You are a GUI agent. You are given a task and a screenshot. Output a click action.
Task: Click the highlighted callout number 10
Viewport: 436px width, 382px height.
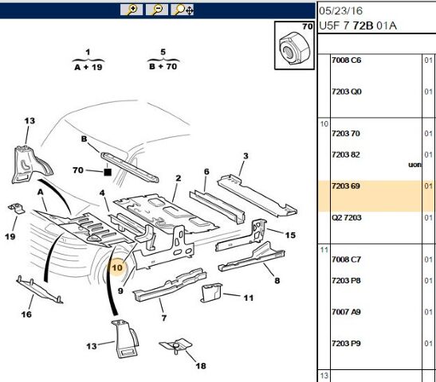pyautogui.click(x=118, y=268)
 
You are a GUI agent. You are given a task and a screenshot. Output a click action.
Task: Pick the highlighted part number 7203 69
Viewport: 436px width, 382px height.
pyautogui.click(x=345, y=186)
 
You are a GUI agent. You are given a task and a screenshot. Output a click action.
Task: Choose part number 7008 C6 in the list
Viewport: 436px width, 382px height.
pyautogui.click(x=346, y=60)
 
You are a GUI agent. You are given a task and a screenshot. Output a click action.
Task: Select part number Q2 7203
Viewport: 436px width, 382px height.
pyautogui.click(x=346, y=217)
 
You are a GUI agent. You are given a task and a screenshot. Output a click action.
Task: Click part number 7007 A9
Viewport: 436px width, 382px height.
pyautogui.click(x=346, y=312)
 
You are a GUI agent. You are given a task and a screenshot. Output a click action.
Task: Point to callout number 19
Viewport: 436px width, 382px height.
pyautogui.click(x=10, y=236)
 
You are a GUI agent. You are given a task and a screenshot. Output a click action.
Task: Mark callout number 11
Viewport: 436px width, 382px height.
pyautogui.click(x=248, y=298)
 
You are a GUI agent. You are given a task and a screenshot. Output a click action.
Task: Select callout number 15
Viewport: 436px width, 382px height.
pyautogui.click(x=290, y=235)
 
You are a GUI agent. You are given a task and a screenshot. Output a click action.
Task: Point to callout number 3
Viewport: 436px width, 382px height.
pyautogui.click(x=245, y=156)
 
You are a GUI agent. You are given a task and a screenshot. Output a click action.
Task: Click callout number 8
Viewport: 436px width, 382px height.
pyautogui.click(x=277, y=279)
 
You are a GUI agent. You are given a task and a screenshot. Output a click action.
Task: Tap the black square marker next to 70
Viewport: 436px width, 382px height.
pyautogui.click(x=107, y=171)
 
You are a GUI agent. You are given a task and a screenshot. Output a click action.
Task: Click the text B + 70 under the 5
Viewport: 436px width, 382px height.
pyautogui.click(x=163, y=68)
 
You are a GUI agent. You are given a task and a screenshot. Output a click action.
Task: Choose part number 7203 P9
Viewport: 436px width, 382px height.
pyautogui.click(x=346, y=343)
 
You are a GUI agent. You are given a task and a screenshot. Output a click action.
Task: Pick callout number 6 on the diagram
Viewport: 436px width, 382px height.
pyautogui.click(x=206, y=172)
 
